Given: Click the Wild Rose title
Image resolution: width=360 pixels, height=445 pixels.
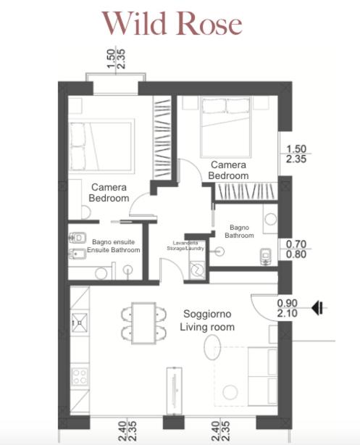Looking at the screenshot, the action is click(172, 23).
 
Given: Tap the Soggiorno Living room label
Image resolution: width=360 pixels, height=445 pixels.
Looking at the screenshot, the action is click(207, 320).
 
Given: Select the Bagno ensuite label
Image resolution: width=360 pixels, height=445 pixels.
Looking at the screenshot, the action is click(114, 242).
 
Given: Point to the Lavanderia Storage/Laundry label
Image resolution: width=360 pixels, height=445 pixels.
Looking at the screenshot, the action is click(185, 246).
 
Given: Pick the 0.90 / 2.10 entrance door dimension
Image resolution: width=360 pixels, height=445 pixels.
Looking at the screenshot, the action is click(288, 308).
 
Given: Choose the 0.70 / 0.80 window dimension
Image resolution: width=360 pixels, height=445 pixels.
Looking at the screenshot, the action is click(296, 249).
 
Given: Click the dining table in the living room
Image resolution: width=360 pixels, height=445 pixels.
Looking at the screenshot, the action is click(144, 323).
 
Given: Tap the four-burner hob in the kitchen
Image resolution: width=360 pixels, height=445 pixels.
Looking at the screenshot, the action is click(80, 376).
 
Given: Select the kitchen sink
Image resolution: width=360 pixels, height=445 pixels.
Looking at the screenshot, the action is click(80, 323).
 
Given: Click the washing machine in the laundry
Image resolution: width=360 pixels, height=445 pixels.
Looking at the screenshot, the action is click(197, 270).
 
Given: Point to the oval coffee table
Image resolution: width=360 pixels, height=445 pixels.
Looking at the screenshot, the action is click(212, 347).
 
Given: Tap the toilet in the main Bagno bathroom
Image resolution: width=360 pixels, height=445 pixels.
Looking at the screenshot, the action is click(266, 257).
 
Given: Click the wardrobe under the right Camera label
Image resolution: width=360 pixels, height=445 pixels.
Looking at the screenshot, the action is click(246, 191).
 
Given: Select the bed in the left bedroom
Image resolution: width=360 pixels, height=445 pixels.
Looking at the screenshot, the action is click(101, 146).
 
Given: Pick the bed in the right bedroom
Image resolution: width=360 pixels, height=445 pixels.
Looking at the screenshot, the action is click(225, 127).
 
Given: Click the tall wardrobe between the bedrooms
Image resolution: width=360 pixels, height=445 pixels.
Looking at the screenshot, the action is click(162, 138).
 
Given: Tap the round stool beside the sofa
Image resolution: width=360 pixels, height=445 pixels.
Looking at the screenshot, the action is click(230, 392).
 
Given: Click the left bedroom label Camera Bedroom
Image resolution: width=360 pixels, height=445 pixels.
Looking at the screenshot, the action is click(109, 193).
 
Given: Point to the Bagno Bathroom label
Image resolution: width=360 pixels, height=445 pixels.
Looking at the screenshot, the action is click(240, 232).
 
